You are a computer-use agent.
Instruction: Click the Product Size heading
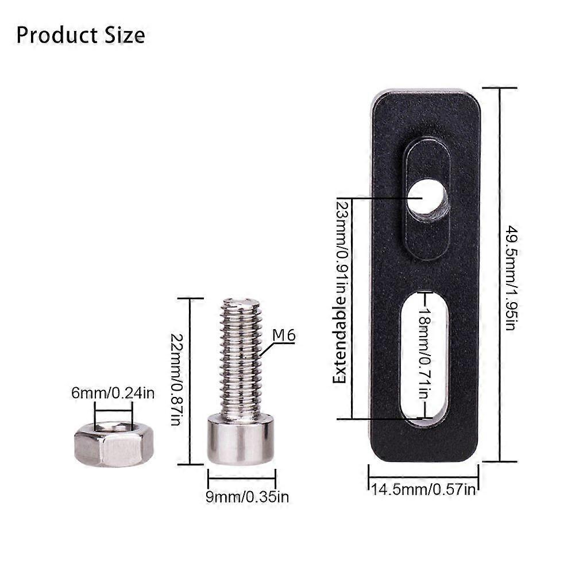coord(80,35)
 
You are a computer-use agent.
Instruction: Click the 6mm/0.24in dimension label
coord(113,393)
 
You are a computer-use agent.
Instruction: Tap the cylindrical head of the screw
coord(240,439)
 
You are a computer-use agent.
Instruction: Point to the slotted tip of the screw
coord(241,302)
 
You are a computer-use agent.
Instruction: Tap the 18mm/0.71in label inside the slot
coord(423,356)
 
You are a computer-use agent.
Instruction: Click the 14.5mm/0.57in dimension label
coord(423,489)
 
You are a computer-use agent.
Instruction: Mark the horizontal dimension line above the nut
coord(114,410)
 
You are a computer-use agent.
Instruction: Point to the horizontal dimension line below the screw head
coord(241,477)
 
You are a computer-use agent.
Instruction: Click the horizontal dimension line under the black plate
coord(423,477)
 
